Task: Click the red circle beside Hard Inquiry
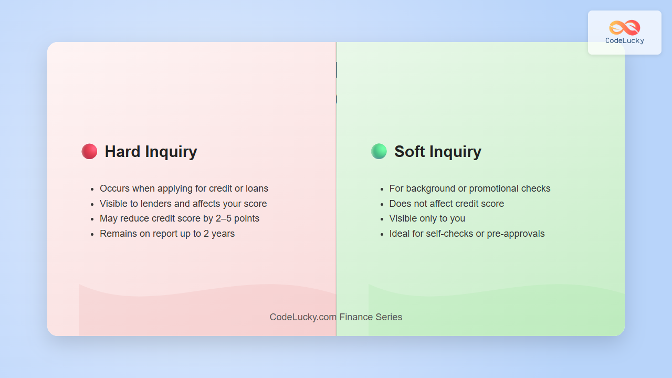point(89,151)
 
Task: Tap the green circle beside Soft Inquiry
point(379,151)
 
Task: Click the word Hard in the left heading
point(122,151)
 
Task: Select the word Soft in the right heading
point(409,151)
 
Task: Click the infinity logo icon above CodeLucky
point(625,28)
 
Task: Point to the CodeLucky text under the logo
point(625,41)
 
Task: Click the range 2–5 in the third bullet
point(224,218)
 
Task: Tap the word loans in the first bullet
point(257,188)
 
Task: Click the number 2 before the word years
point(206,234)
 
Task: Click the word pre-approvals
point(516,234)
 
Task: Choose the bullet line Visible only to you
point(427,218)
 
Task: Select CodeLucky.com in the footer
point(303,317)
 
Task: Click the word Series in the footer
point(389,317)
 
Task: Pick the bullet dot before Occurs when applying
point(92,190)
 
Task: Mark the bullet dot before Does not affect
point(382,205)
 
